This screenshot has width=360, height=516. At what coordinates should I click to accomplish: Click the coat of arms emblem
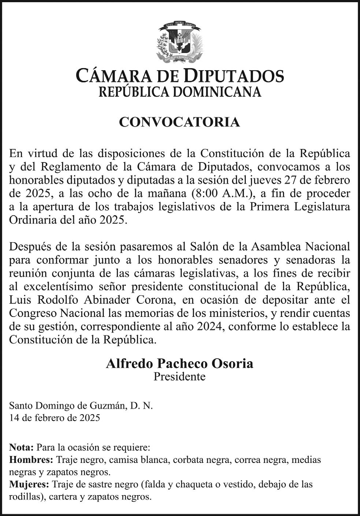[x=179, y=42]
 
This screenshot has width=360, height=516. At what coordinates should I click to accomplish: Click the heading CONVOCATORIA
[x=179, y=122]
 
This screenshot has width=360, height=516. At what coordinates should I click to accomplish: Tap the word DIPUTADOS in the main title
[x=233, y=76]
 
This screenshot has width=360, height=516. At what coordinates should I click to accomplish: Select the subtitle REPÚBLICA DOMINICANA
[x=180, y=92]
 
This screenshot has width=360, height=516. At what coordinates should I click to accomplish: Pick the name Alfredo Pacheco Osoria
[x=179, y=363]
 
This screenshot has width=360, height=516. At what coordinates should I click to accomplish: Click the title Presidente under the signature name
[x=179, y=376]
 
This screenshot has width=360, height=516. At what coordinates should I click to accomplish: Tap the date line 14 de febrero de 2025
[x=55, y=418]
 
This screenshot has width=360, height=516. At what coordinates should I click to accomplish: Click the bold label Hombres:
[x=31, y=460]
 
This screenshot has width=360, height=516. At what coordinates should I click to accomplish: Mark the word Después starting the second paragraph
[x=30, y=246]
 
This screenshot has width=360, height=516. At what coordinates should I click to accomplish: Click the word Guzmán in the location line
[x=110, y=406]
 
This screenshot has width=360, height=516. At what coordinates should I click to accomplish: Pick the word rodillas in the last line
[x=23, y=497]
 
